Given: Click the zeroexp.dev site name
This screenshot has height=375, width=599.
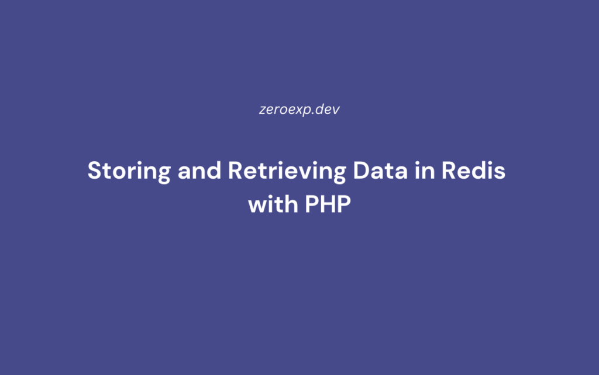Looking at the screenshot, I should [299, 110].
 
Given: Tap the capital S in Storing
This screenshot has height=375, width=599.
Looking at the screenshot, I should [94, 172].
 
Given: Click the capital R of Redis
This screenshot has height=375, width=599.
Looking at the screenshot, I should [442, 172].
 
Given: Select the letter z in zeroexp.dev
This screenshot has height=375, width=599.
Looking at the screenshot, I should [262, 110].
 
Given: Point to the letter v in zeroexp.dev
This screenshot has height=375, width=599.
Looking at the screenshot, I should [336, 110].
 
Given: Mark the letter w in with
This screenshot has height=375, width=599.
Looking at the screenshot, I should [257, 206].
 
